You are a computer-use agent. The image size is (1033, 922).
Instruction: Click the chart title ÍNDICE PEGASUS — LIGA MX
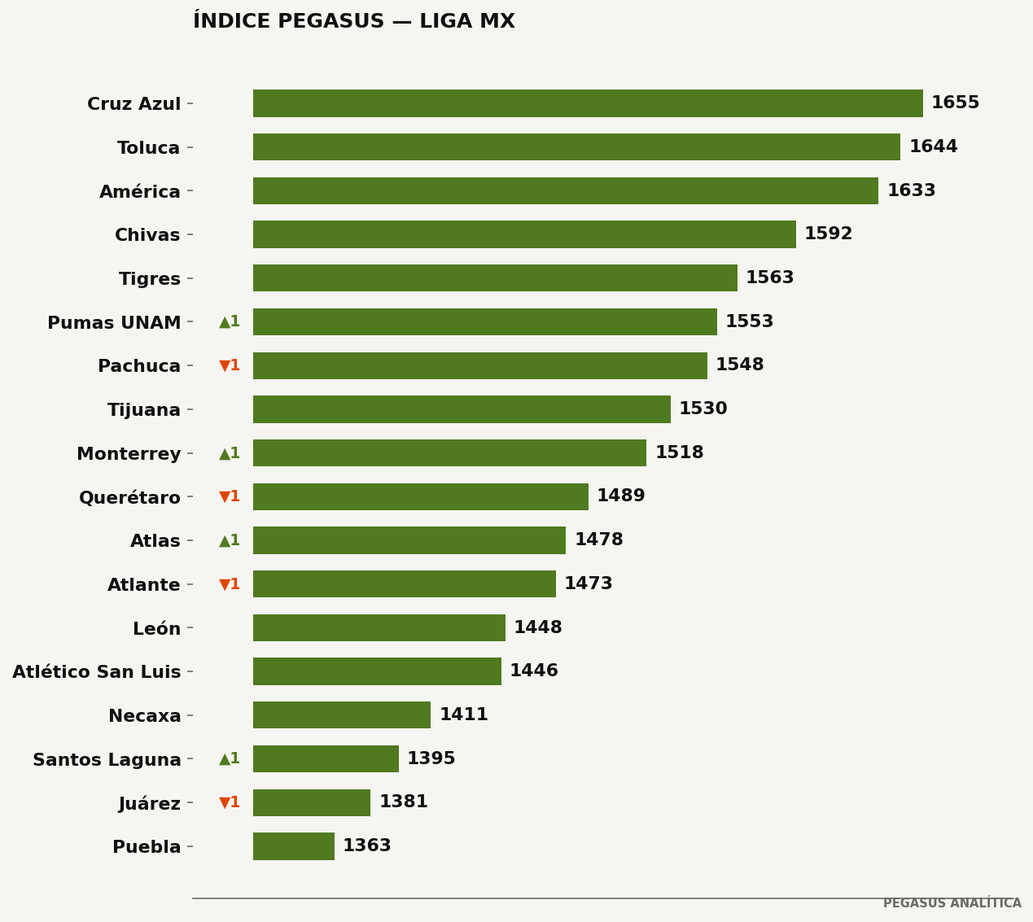[x=354, y=21]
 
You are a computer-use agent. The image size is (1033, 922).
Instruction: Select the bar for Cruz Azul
[x=588, y=103]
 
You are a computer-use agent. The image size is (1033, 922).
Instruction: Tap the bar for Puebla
[x=294, y=846]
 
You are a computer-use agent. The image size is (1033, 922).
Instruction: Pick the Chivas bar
[x=524, y=234]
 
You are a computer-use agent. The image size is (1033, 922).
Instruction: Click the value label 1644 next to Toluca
[x=934, y=146]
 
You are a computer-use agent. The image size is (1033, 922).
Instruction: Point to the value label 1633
[x=912, y=190]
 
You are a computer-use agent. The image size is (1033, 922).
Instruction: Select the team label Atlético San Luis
[x=96, y=671]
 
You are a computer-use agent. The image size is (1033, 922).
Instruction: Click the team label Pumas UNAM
[x=114, y=322]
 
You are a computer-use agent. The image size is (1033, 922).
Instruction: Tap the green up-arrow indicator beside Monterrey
[x=229, y=453]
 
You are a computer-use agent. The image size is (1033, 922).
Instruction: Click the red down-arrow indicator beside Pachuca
[x=229, y=365]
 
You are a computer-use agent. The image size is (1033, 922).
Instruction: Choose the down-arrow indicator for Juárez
[x=229, y=802]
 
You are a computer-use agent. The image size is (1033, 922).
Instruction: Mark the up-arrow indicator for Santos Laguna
[x=229, y=758]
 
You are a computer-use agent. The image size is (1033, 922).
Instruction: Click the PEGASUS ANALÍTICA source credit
[x=952, y=903]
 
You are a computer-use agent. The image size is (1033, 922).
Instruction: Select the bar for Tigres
[x=495, y=277]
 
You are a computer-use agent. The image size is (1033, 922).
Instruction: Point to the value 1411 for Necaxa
[x=463, y=714]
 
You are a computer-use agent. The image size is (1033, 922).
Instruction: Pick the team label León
[x=156, y=628]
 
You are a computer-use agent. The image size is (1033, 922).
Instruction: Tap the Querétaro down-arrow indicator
[x=229, y=496]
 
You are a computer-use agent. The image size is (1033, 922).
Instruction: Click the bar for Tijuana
[x=462, y=409]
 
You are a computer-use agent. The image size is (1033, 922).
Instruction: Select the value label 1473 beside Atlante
[x=589, y=583]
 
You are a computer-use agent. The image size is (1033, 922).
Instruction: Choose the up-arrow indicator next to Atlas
[x=229, y=540]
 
